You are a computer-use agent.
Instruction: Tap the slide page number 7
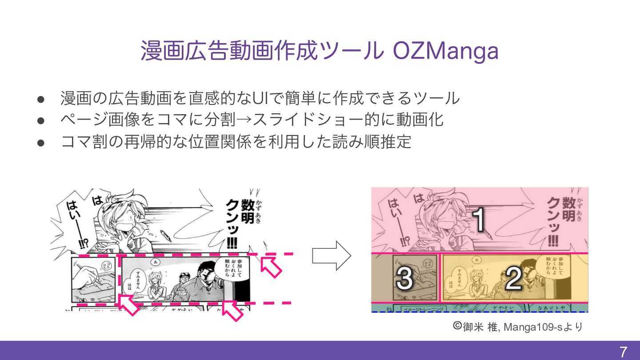(x=624, y=352)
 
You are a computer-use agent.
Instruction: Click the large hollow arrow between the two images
(x=332, y=256)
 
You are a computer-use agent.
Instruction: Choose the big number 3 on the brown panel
(x=404, y=279)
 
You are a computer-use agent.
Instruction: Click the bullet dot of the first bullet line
(x=40, y=98)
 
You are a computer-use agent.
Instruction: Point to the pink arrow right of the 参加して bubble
(x=271, y=266)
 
